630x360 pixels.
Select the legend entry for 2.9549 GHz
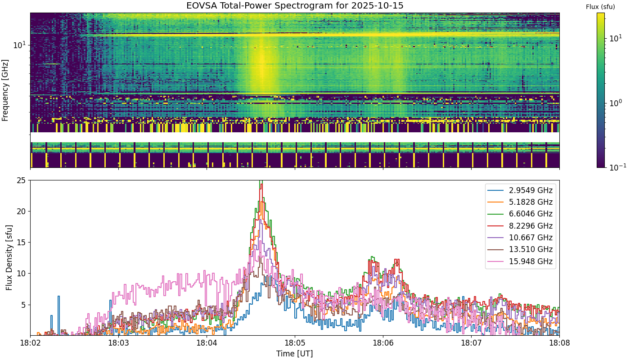(x=520, y=190)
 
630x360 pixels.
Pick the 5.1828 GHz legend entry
(x=520, y=202)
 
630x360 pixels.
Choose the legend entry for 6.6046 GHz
(x=520, y=214)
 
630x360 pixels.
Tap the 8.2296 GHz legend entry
(x=520, y=226)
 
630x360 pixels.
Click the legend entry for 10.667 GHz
(x=520, y=238)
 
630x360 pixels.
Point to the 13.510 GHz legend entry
(x=520, y=249)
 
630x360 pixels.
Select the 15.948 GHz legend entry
(x=520, y=261)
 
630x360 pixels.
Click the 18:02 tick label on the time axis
(x=31, y=343)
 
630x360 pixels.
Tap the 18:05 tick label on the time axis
(x=295, y=343)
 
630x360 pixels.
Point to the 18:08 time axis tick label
(x=559, y=343)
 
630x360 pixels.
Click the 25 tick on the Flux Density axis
(x=22, y=180)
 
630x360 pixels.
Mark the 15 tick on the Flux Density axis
(x=22, y=243)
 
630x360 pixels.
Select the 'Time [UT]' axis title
(x=294, y=354)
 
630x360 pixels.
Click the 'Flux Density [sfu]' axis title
(x=9, y=257)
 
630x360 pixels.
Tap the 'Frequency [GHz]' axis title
(x=5, y=90)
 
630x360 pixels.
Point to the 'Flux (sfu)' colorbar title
(x=600, y=7)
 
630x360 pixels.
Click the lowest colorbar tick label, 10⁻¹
(x=617, y=167)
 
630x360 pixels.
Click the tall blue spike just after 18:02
(x=58, y=315)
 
